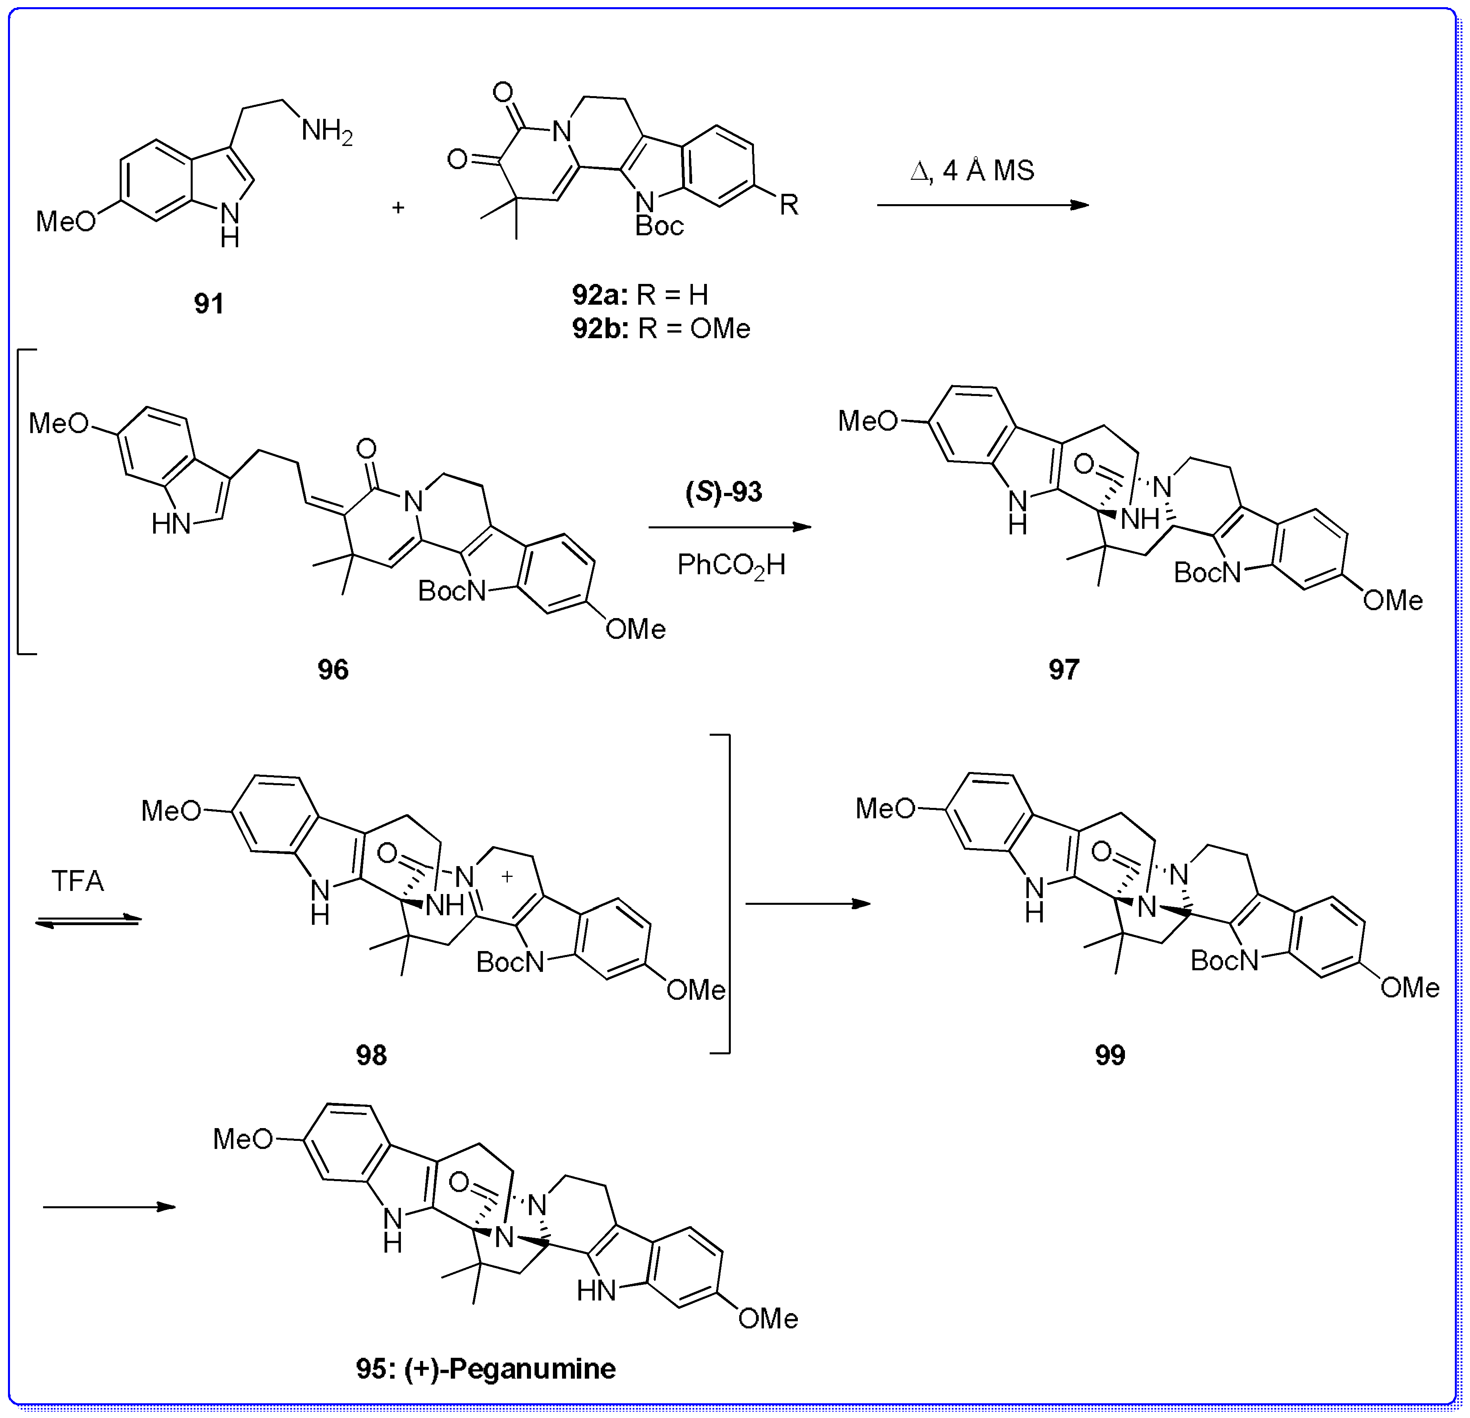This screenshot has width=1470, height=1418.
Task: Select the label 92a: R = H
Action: (640, 295)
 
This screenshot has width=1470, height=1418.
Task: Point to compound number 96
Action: (333, 669)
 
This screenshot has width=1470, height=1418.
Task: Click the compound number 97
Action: (1064, 669)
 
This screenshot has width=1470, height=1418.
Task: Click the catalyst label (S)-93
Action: (724, 492)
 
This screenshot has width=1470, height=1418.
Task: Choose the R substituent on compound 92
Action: (789, 204)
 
